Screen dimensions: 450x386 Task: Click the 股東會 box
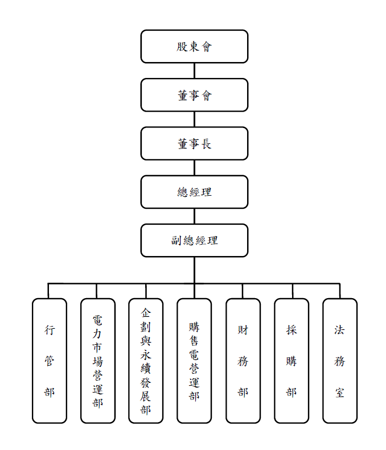pos(194,47)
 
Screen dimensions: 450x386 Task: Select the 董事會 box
pos(194,95)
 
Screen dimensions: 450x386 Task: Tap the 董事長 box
pos(194,143)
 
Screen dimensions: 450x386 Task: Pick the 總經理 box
pos(194,192)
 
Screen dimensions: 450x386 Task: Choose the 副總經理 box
pos(194,240)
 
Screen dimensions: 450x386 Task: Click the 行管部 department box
pos(50,361)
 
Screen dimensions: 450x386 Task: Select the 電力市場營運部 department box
pos(97,361)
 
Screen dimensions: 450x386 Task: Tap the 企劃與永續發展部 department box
pos(146,361)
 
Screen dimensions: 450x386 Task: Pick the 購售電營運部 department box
pos(194,361)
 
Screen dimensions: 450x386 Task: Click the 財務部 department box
pos(243,361)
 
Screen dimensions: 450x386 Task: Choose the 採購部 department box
pos(291,361)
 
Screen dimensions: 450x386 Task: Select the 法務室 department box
pos(340,361)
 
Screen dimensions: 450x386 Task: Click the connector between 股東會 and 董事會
pos(194,71)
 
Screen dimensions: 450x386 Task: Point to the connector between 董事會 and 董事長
pos(194,119)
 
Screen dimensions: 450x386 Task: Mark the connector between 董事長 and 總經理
pos(194,167)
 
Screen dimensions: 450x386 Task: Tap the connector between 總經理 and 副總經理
pos(194,216)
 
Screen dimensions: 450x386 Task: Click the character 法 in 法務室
pos(340,330)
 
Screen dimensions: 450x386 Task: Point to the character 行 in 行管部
pos(50,330)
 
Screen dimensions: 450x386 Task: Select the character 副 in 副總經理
pos(177,240)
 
